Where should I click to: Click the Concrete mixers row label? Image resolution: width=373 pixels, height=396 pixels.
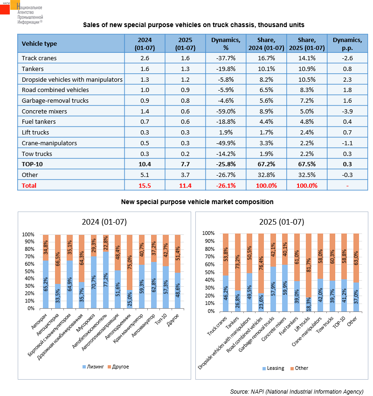44,111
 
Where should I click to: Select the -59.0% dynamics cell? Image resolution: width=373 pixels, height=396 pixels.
226,111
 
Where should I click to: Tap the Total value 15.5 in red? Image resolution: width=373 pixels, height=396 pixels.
145,186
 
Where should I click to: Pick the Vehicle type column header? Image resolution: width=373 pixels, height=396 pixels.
39,44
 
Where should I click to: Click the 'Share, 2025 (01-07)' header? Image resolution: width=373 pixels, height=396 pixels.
307,44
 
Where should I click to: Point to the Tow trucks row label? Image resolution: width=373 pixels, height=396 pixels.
37,154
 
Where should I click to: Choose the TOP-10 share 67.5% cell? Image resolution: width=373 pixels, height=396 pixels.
307,164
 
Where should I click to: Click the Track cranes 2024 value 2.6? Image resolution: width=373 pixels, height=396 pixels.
145,58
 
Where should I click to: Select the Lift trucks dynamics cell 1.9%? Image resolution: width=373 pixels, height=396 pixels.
226,132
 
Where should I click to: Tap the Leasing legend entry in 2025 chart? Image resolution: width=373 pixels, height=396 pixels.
273,368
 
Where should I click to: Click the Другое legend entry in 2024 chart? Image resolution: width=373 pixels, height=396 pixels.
118,367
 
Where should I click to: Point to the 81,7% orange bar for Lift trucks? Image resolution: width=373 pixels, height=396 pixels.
309,265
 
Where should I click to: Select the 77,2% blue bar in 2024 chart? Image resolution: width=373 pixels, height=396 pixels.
106,280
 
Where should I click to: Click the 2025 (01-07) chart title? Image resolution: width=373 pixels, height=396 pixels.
282,222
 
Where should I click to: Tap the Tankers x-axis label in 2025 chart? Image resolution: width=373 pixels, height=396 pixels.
232,323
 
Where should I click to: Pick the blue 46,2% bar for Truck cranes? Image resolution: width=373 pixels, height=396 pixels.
226,293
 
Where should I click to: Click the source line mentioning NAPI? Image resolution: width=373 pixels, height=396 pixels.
297,391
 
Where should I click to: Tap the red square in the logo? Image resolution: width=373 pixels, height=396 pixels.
5,9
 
